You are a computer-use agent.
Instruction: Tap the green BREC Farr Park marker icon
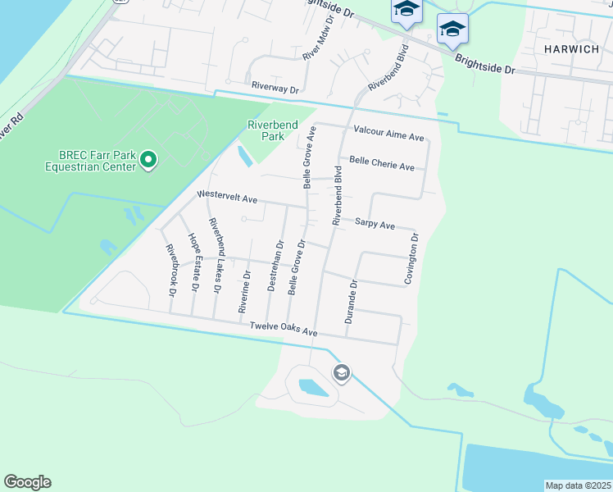point(148,159)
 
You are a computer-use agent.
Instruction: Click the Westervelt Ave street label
point(227,198)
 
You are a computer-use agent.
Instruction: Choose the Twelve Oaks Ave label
point(283,330)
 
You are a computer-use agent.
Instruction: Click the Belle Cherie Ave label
point(382,164)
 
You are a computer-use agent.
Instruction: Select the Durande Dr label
point(352,303)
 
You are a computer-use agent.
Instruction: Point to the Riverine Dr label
point(243,291)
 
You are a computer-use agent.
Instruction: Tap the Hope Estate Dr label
point(195,262)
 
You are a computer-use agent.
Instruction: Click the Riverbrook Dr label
point(171,265)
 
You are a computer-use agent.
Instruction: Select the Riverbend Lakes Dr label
point(216,256)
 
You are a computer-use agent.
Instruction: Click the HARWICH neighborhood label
point(572,48)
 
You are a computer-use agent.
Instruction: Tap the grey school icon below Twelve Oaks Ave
point(341,374)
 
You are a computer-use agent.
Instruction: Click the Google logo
point(27,482)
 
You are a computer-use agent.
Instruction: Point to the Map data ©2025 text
point(577,485)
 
